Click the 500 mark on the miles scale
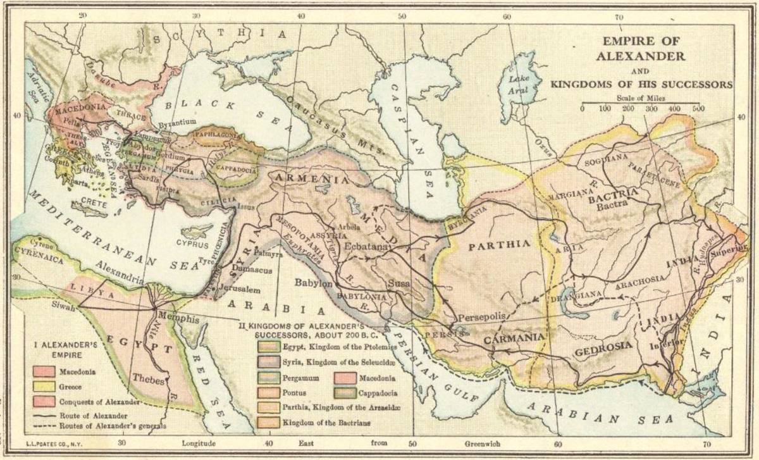pos(698,109)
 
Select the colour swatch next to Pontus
pos(268,393)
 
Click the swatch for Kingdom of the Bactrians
pos(268,422)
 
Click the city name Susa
pos(398,282)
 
